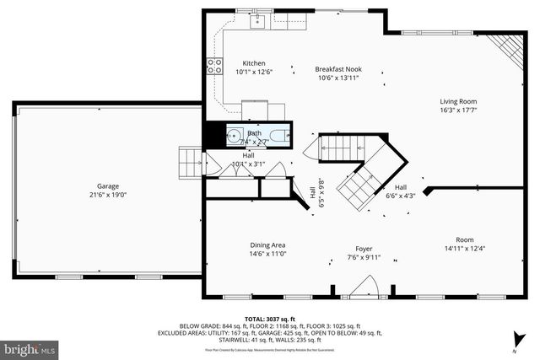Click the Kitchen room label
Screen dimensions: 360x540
254,63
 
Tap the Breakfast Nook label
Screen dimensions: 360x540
338,69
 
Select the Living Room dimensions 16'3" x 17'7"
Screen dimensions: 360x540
458,110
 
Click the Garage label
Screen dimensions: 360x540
108,185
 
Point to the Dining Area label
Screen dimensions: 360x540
267,244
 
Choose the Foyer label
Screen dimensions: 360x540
364,249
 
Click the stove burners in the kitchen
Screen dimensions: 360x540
215,64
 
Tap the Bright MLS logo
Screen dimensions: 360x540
30,347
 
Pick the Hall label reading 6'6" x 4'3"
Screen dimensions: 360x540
401,191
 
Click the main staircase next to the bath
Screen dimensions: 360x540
342,148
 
